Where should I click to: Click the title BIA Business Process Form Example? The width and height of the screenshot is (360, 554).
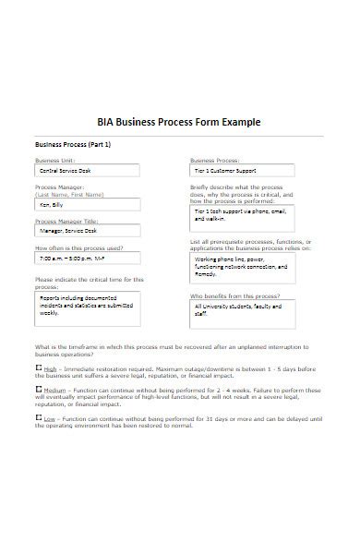[179, 122]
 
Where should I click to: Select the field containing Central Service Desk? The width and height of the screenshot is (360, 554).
[87, 171]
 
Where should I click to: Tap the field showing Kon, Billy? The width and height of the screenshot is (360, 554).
[87, 206]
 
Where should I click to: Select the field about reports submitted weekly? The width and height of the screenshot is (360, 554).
[87, 307]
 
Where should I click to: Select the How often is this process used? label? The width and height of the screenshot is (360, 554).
[79, 247]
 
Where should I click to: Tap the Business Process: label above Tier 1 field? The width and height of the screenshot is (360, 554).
[214, 160]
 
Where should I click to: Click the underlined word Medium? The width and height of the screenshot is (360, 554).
[56, 391]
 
